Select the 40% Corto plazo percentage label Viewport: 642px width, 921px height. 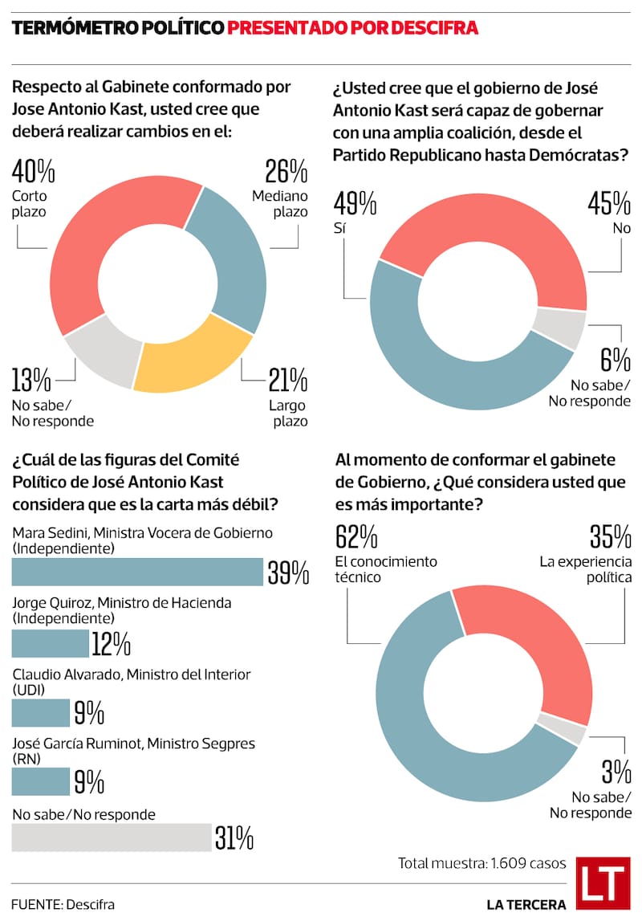pyautogui.click(x=34, y=173)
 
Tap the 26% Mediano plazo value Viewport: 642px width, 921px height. pyautogui.click(x=286, y=173)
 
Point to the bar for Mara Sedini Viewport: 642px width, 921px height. pyautogui.click(x=137, y=572)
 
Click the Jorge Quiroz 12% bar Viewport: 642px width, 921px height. pyautogui.click(x=51, y=643)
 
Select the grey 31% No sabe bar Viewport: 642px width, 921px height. pyautogui.click(x=112, y=837)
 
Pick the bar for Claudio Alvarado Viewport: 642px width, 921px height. pyautogui.click(x=41, y=713)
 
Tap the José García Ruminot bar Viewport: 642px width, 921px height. pyautogui.click(x=41, y=781)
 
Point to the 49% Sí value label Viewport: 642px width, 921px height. pyautogui.click(x=356, y=205)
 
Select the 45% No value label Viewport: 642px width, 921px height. pyautogui.click(x=607, y=205)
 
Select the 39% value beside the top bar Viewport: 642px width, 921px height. pyautogui.click(x=288, y=573)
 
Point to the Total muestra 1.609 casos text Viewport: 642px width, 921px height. pyautogui.click(x=482, y=863)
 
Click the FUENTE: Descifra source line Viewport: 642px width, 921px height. pyautogui.click(x=63, y=904)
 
